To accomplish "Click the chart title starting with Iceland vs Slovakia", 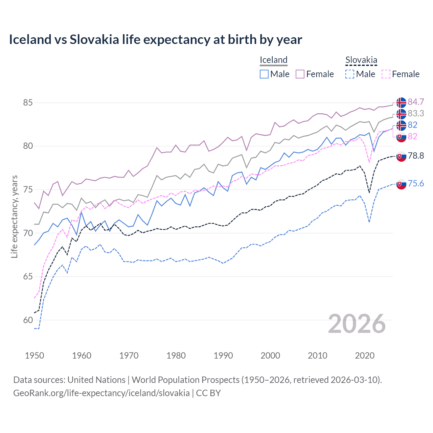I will (155, 40).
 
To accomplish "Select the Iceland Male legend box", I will (264, 74).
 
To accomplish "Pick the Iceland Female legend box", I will (300, 74).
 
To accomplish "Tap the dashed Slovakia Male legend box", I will (350, 74).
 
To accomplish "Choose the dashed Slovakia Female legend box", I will (386, 74).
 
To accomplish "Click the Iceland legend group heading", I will (273, 60).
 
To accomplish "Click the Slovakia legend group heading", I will (361, 60).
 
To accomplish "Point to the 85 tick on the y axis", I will (28, 102).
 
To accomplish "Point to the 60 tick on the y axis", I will (28, 320).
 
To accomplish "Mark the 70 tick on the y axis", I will (28, 233).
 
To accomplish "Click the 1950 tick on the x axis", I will (35, 356).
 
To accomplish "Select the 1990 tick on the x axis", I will (223, 356).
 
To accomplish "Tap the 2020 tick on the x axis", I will (365, 356).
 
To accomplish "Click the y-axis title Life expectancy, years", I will (14, 216).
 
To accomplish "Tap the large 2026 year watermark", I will (357, 324).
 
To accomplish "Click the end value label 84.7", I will (416, 102).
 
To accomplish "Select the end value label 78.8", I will (416, 156).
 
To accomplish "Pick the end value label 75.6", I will (416, 183).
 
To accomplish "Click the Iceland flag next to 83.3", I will (401, 114).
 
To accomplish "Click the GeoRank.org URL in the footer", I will (101, 393).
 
